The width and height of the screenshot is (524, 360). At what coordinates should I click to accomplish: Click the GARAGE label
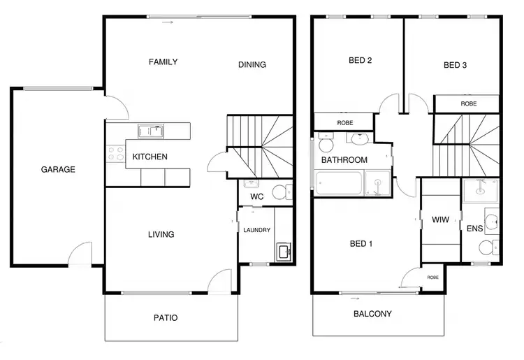coord(58,169)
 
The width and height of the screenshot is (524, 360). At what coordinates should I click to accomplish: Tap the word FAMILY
coord(163,62)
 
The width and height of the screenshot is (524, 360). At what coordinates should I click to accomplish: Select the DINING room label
coord(252,65)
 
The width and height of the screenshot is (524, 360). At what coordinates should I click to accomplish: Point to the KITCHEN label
coord(150,157)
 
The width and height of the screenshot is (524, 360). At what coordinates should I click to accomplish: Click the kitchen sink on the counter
coord(150,130)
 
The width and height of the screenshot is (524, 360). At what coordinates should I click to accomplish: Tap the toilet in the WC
coord(280,193)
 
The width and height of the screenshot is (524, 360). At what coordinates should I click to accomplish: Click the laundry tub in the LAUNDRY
coord(284,251)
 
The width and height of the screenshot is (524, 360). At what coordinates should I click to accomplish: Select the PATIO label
coord(166,318)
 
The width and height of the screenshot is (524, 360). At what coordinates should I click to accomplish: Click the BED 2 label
coord(360,61)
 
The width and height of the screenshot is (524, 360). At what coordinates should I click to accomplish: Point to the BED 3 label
coord(456,66)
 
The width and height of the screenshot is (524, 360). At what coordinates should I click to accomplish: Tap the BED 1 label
coord(361,244)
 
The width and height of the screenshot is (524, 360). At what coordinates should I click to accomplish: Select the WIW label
coord(440,219)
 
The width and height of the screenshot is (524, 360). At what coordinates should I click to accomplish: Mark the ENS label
coord(474,228)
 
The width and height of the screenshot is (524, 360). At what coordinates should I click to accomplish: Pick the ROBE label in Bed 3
coord(468,103)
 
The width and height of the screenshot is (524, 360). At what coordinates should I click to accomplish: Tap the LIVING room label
coord(160,234)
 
